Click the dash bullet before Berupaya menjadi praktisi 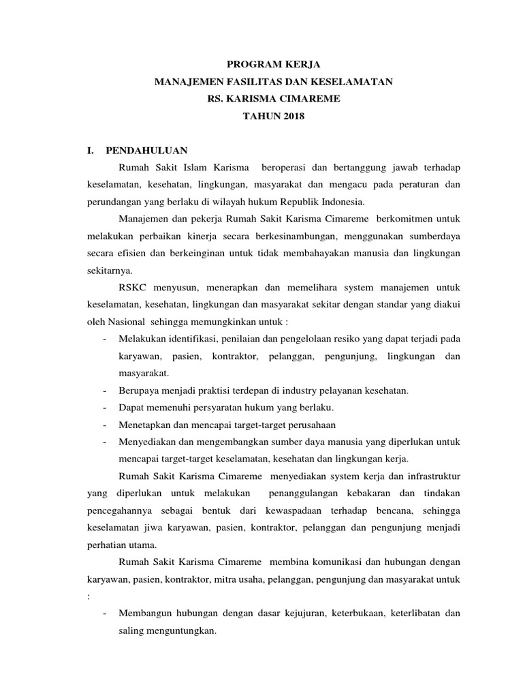tap(104, 391)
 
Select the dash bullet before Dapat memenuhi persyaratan tap(104, 408)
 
